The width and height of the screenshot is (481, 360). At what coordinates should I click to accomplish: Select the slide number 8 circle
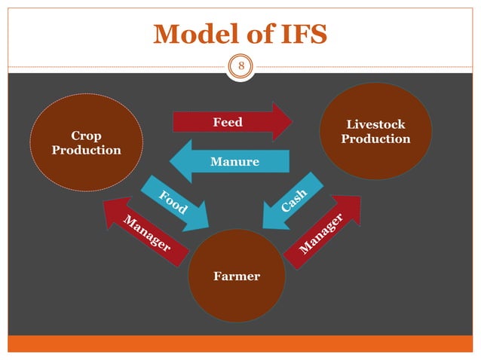click(241, 66)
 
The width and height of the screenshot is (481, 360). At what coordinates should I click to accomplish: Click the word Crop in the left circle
click(86, 136)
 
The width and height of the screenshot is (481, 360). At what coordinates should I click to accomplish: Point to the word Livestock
click(375, 124)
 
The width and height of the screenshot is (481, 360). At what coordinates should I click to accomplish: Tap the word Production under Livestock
click(375, 139)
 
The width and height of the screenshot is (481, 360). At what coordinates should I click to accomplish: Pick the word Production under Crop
click(86, 150)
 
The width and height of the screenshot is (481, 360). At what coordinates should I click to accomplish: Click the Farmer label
click(237, 276)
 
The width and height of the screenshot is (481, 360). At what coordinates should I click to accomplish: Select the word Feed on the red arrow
click(227, 122)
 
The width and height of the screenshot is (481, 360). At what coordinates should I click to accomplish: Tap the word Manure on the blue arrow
click(235, 162)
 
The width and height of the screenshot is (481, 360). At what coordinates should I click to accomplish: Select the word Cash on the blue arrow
click(294, 201)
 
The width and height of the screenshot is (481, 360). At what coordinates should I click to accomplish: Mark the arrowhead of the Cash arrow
click(271, 218)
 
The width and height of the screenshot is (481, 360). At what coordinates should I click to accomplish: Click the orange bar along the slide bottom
click(240, 343)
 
